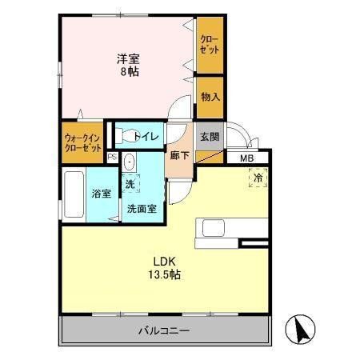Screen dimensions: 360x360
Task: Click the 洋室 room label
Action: (x=128, y=58)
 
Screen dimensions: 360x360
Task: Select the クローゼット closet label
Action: (x=210, y=44)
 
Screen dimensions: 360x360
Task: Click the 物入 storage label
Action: (x=210, y=98)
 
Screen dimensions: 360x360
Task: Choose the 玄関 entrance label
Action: (x=210, y=135)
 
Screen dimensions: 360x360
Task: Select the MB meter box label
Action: (x=248, y=158)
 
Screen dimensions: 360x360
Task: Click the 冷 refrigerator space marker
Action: (x=261, y=179)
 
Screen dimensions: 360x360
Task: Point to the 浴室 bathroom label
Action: (x=100, y=194)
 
